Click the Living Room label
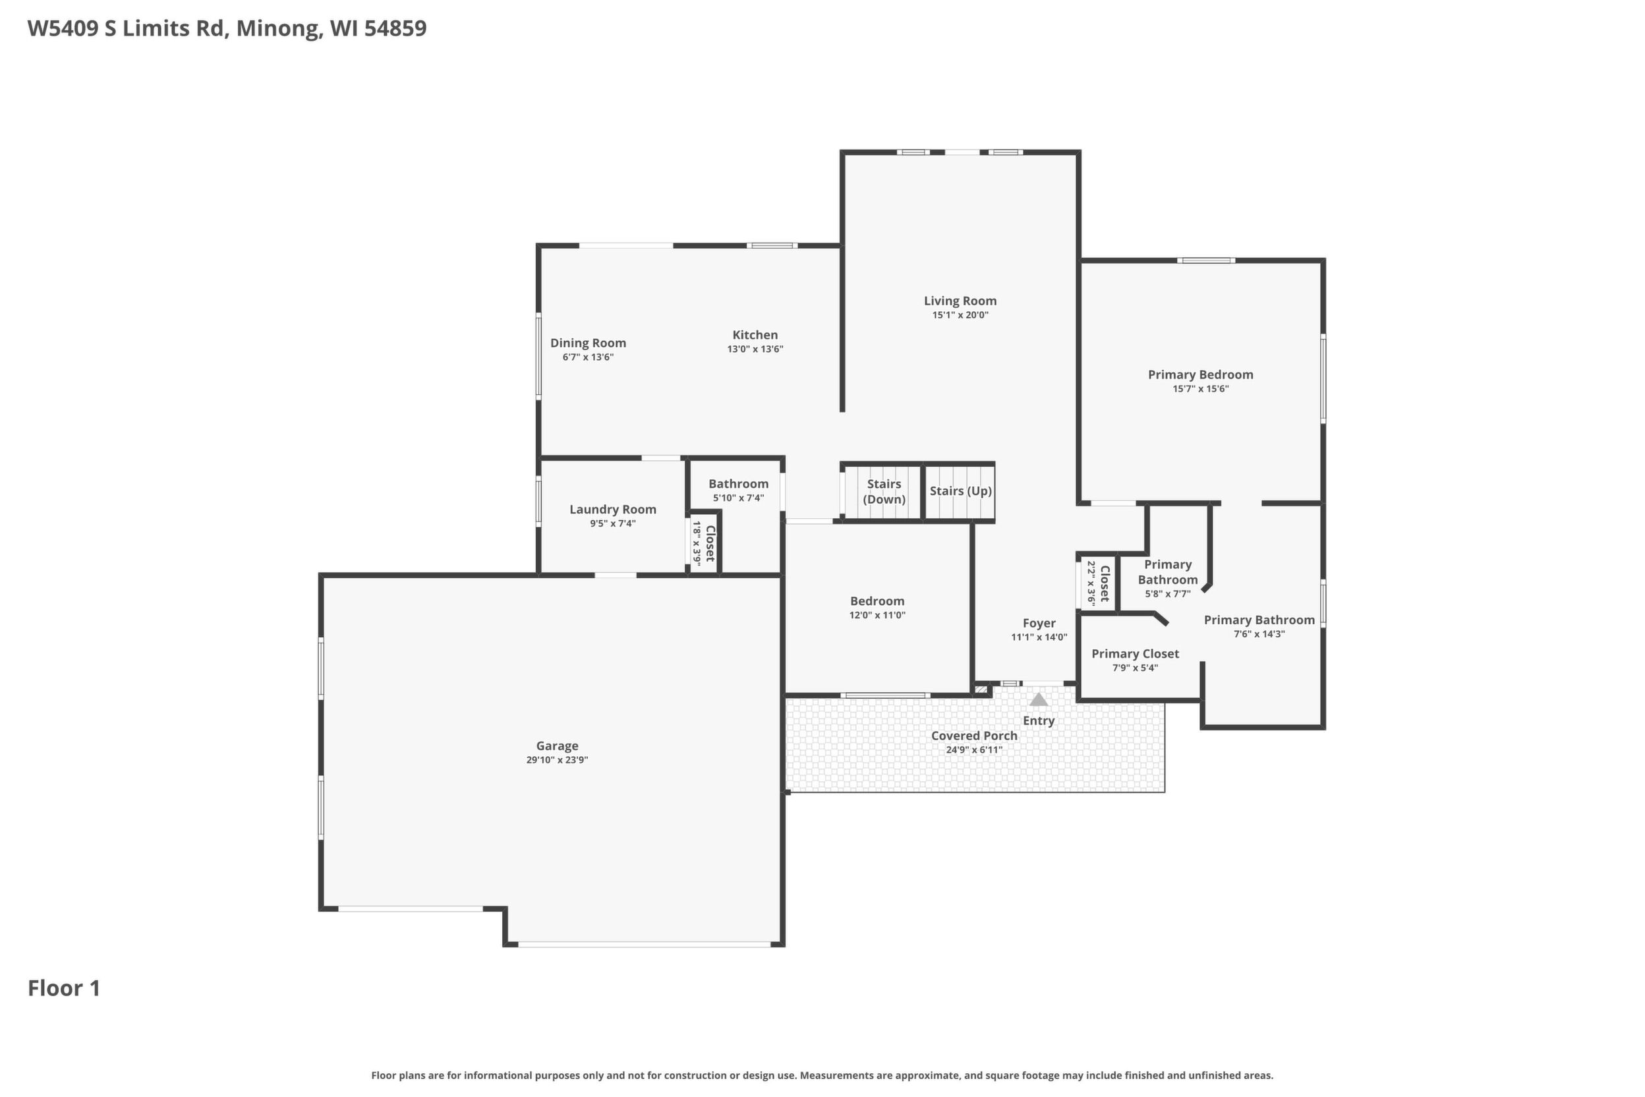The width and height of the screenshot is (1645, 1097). click(x=960, y=301)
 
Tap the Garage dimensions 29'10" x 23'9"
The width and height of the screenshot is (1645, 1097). click(x=557, y=759)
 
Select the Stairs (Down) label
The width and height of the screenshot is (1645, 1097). click(x=883, y=491)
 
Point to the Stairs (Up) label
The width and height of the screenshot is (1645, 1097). click(x=960, y=491)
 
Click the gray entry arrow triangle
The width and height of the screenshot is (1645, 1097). click(x=1039, y=699)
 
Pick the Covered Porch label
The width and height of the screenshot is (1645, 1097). click(x=973, y=735)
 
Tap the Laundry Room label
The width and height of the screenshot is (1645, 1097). click(x=613, y=510)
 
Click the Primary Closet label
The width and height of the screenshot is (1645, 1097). click(x=1135, y=653)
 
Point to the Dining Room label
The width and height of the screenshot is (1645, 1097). click(x=587, y=343)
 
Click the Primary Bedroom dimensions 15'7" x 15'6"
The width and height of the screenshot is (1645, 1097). click(x=1200, y=389)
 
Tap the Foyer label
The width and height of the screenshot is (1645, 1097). click(x=1039, y=622)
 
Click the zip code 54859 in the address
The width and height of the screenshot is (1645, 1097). click(x=395, y=28)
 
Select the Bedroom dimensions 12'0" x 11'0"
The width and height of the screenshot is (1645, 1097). click(x=877, y=616)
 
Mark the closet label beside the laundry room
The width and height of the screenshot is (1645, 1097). click(x=710, y=543)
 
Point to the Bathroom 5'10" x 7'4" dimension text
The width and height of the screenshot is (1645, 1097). click(x=738, y=498)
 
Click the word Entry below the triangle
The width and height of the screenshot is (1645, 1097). click(x=1039, y=721)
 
